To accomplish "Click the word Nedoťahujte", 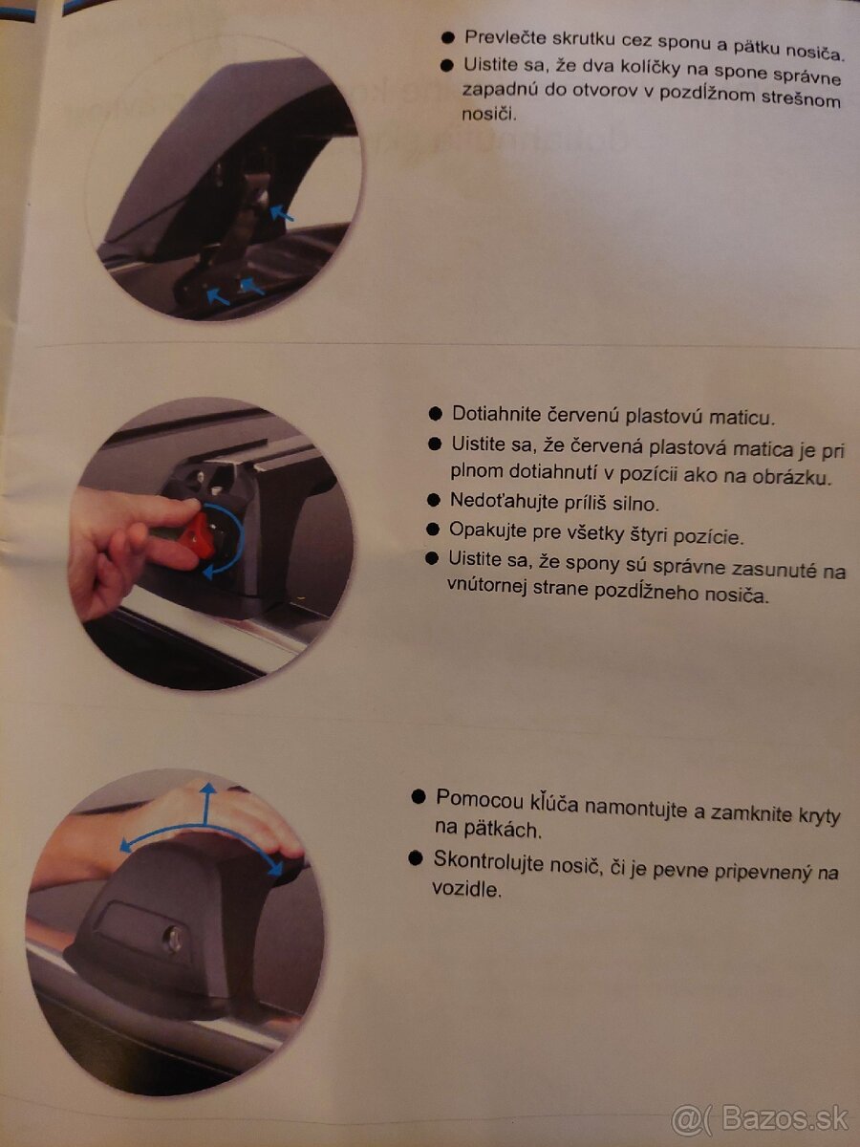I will coord(507,500).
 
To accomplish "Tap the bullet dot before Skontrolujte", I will coord(415,858).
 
